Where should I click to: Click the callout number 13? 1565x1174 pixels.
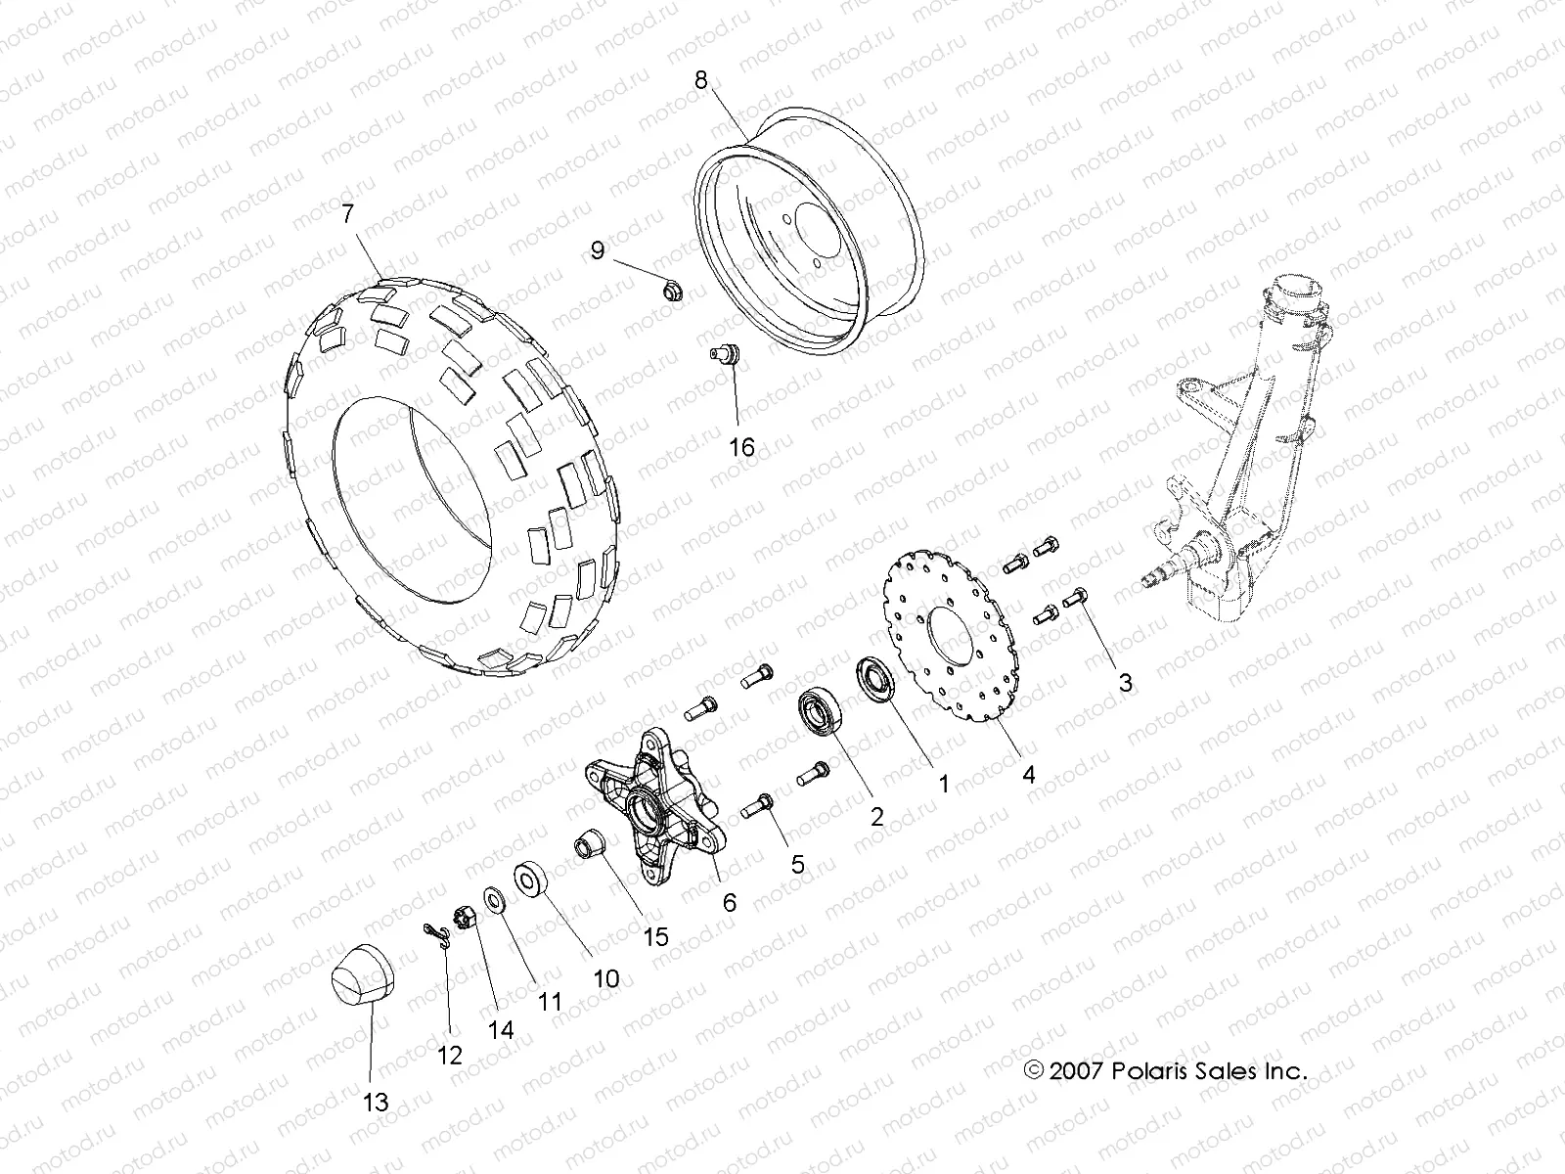point(376,1103)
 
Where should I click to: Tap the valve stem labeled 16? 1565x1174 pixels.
point(727,354)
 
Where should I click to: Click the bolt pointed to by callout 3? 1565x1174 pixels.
point(1076,597)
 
